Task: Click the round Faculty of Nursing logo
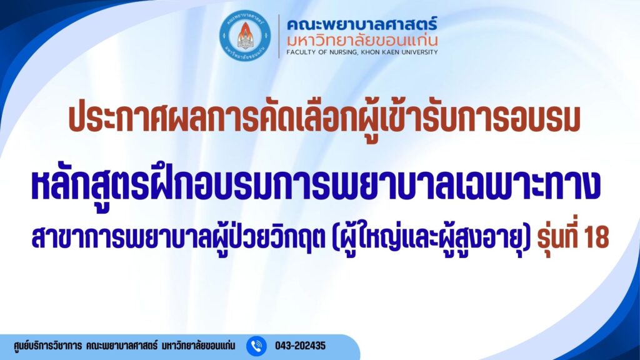(245, 36)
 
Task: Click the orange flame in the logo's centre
(245, 30)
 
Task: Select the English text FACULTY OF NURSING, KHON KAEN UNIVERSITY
(362, 52)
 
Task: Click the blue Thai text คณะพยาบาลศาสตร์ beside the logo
(362, 24)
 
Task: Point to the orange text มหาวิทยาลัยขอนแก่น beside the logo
(362, 40)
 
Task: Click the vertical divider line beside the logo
(279, 36)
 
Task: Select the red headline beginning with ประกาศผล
(324, 120)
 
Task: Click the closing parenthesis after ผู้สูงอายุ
(527, 238)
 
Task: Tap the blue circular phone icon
(256, 346)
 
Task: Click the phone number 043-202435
(301, 346)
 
